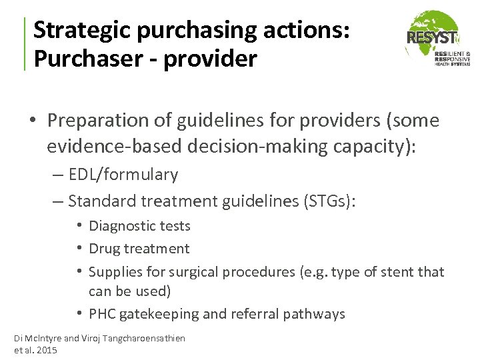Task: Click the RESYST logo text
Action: pyautogui.click(x=432, y=38)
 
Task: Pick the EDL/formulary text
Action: pyautogui.click(x=123, y=175)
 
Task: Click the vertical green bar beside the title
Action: pyautogui.click(x=25, y=44)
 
